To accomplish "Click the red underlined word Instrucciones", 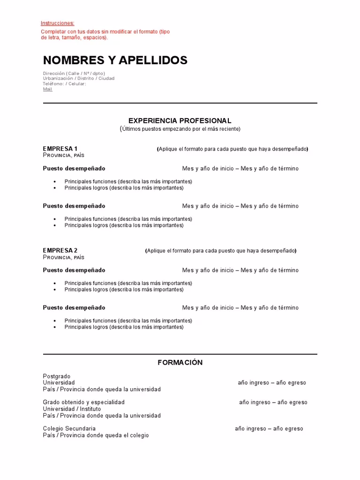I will [57, 23].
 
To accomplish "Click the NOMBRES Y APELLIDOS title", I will [115, 60].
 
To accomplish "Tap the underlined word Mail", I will [47, 89].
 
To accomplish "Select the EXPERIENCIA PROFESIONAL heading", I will [180, 120].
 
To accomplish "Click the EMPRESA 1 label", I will [60, 149].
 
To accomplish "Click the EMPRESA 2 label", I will [60, 250].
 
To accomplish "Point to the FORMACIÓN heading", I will [180, 362].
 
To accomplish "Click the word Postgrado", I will [56, 376].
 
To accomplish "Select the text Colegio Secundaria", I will [69, 428].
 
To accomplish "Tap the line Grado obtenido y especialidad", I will [83, 402].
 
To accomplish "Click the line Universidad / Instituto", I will [72, 409].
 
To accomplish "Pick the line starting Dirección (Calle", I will [74, 73].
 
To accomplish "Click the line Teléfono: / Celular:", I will [64, 84].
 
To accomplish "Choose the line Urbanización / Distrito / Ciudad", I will [78, 78].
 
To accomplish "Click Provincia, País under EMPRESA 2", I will [63, 257].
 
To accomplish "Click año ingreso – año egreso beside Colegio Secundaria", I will [269, 428].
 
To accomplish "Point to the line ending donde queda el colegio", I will [96, 435].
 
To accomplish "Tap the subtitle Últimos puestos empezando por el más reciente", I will [180, 128].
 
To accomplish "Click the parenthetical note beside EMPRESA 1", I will [232, 149].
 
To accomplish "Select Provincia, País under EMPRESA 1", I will [63, 155].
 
